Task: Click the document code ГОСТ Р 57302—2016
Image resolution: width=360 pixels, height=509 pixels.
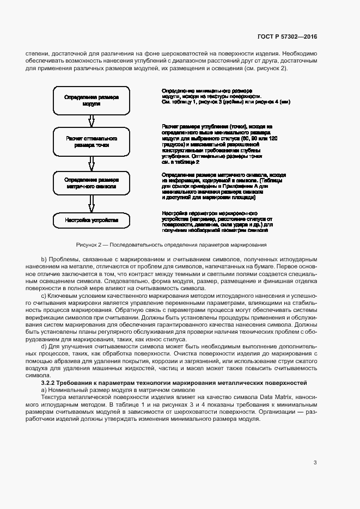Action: [287, 37]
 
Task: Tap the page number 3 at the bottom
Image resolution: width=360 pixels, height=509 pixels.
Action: [315, 463]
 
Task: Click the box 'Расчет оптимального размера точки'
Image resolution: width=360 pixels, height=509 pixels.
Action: [91, 142]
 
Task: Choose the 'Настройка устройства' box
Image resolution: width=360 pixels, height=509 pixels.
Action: [91, 220]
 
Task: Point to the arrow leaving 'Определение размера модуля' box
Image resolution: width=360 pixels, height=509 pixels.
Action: [91, 120]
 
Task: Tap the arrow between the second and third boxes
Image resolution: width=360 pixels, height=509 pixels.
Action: [91, 163]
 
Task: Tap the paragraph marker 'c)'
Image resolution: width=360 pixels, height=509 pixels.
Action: [44, 295]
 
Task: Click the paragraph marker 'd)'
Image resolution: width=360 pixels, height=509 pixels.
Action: [44, 346]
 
